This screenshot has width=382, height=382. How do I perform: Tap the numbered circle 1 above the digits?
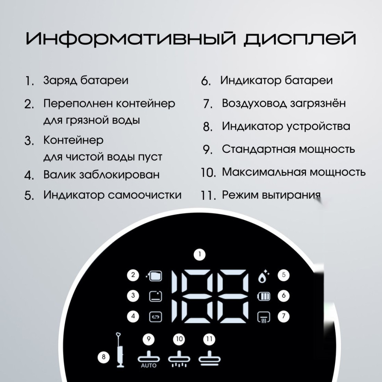[x=200, y=255]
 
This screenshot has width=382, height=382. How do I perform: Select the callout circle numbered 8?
[x=104, y=357]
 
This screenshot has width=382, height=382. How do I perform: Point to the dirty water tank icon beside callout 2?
[x=155, y=275]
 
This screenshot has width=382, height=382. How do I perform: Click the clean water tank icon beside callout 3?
[x=155, y=296]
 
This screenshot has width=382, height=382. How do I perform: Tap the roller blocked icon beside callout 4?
[x=155, y=316]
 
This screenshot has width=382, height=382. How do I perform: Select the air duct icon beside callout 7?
[x=263, y=317]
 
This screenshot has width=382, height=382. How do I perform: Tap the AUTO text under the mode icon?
[x=149, y=365]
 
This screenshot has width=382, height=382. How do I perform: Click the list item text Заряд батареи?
[x=86, y=80]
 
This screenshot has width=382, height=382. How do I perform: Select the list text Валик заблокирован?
[x=101, y=174]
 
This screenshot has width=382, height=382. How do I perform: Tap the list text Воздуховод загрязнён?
[x=284, y=103]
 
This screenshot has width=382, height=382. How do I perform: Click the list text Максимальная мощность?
[x=293, y=172]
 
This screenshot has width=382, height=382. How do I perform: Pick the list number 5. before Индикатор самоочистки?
[x=29, y=196]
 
